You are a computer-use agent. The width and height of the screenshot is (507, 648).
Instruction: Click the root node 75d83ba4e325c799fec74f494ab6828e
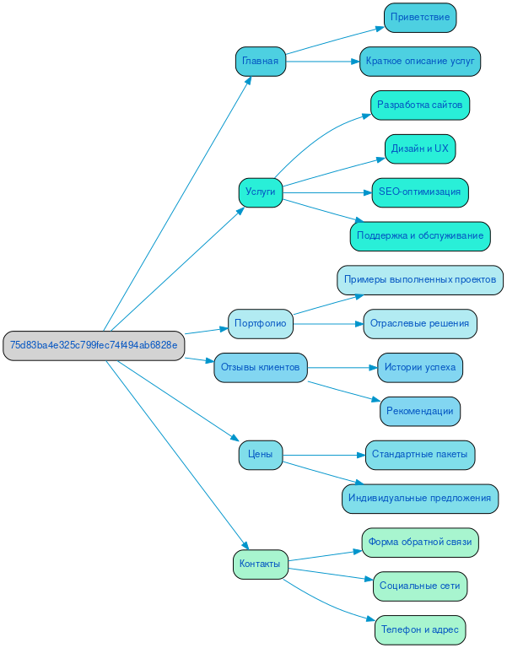(94, 345)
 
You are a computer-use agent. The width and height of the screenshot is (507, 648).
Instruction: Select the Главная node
(260, 62)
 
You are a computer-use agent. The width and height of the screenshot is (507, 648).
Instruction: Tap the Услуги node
(260, 192)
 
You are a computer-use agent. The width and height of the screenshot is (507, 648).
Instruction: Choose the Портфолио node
(260, 323)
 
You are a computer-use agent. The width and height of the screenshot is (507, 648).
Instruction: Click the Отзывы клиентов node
(260, 367)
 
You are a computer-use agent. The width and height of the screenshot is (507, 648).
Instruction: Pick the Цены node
(260, 455)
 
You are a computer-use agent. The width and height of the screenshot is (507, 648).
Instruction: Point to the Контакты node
(260, 564)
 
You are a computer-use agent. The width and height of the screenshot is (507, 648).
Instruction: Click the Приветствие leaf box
(420, 18)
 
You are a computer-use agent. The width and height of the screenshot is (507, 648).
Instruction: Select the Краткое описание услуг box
(420, 62)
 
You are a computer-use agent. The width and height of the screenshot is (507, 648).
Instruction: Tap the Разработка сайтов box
(420, 105)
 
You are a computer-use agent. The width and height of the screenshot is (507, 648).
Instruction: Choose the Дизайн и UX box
(420, 148)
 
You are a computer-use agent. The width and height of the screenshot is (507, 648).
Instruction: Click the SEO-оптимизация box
(420, 192)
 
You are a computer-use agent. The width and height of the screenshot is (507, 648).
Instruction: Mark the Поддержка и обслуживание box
(420, 236)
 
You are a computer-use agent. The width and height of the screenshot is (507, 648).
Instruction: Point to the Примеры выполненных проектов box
(420, 279)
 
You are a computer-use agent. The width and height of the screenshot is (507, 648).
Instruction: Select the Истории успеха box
(420, 367)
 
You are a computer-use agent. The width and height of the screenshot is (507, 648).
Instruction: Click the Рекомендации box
(420, 411)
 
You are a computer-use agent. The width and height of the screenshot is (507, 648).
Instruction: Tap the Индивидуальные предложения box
(420, 499)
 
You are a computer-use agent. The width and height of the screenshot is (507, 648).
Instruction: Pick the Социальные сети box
(420, 586)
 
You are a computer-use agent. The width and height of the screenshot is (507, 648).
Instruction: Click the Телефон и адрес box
(420, 629)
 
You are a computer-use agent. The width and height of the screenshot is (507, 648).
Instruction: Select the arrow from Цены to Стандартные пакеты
(325, 455)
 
